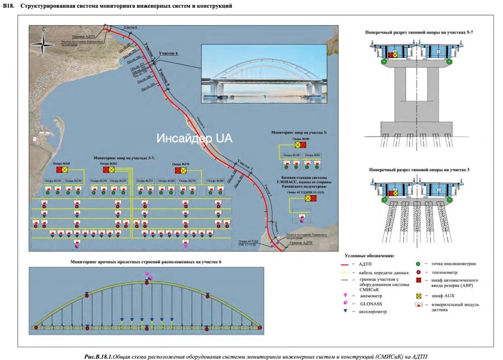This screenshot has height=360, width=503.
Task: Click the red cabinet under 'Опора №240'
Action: (58, 171)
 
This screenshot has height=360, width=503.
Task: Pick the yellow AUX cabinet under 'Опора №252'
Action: (112, 171)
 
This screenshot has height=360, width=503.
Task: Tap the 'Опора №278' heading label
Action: (181, 163)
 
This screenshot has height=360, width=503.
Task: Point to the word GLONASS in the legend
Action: (369, 303)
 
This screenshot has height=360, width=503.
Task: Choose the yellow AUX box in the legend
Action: (418, 296)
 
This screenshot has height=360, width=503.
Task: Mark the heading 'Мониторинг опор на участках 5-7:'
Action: (124, 158)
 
